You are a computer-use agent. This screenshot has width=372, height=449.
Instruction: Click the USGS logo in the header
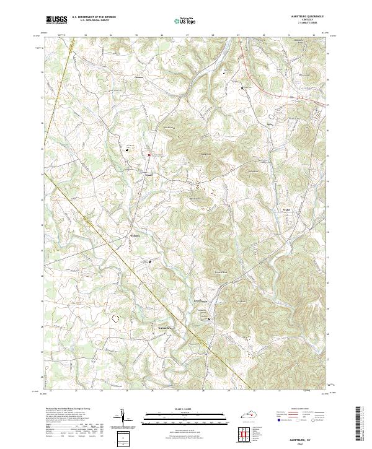(56, 20)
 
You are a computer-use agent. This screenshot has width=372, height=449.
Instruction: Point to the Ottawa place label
(138, 77)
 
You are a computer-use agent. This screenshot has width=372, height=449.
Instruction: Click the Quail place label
(148, 175)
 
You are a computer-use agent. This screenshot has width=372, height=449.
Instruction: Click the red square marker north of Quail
(149, 154)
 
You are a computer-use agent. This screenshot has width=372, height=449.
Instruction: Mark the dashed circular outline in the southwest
(115, 318)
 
